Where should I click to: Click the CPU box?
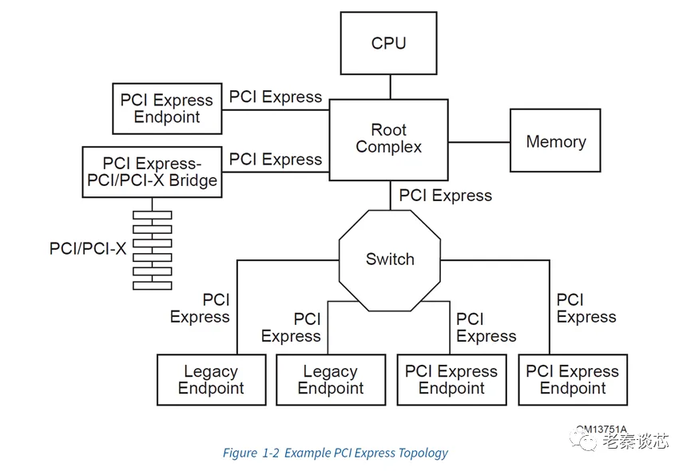(389, 44)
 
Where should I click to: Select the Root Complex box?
(389, 139)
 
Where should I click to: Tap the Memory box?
(555, 142)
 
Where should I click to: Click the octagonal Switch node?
(390, 259)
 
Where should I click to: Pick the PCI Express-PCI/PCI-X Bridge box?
(152, 172)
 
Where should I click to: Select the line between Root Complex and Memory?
(479, 142)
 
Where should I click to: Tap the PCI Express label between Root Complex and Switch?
(445, 195)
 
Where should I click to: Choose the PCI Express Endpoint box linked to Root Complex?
(167, 109)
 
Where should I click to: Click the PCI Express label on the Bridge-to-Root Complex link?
(275, 159)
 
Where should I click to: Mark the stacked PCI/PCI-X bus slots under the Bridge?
(152, 249)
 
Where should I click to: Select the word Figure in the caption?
(240, 453)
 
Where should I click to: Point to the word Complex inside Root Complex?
(389, 147)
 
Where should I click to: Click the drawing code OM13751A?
(601, 429)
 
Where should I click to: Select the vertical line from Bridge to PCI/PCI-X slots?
(152, 204)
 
